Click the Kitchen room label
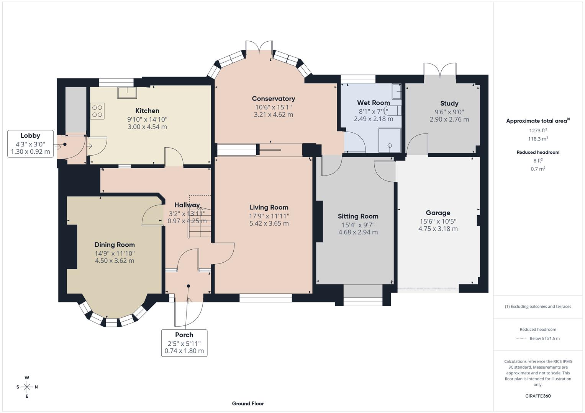coord(147,111)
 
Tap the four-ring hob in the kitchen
coord(97,111)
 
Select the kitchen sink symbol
coord(127,93)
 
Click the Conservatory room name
coord(273,99)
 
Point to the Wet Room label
coord(373,102)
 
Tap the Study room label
coord(449,103)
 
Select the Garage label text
coord(438,213)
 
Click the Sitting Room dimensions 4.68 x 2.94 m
coord(358,232)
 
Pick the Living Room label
coord(269,207)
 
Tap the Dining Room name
coord(115,245)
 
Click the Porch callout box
coord(184,343)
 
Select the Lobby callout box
coord(30,143)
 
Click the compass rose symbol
coord(27,387)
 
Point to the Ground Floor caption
coord(248,403)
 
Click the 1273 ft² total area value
coord(538,130)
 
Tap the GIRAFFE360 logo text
coord(538,396)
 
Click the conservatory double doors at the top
coord(259,47)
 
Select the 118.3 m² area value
coord(538,139)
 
